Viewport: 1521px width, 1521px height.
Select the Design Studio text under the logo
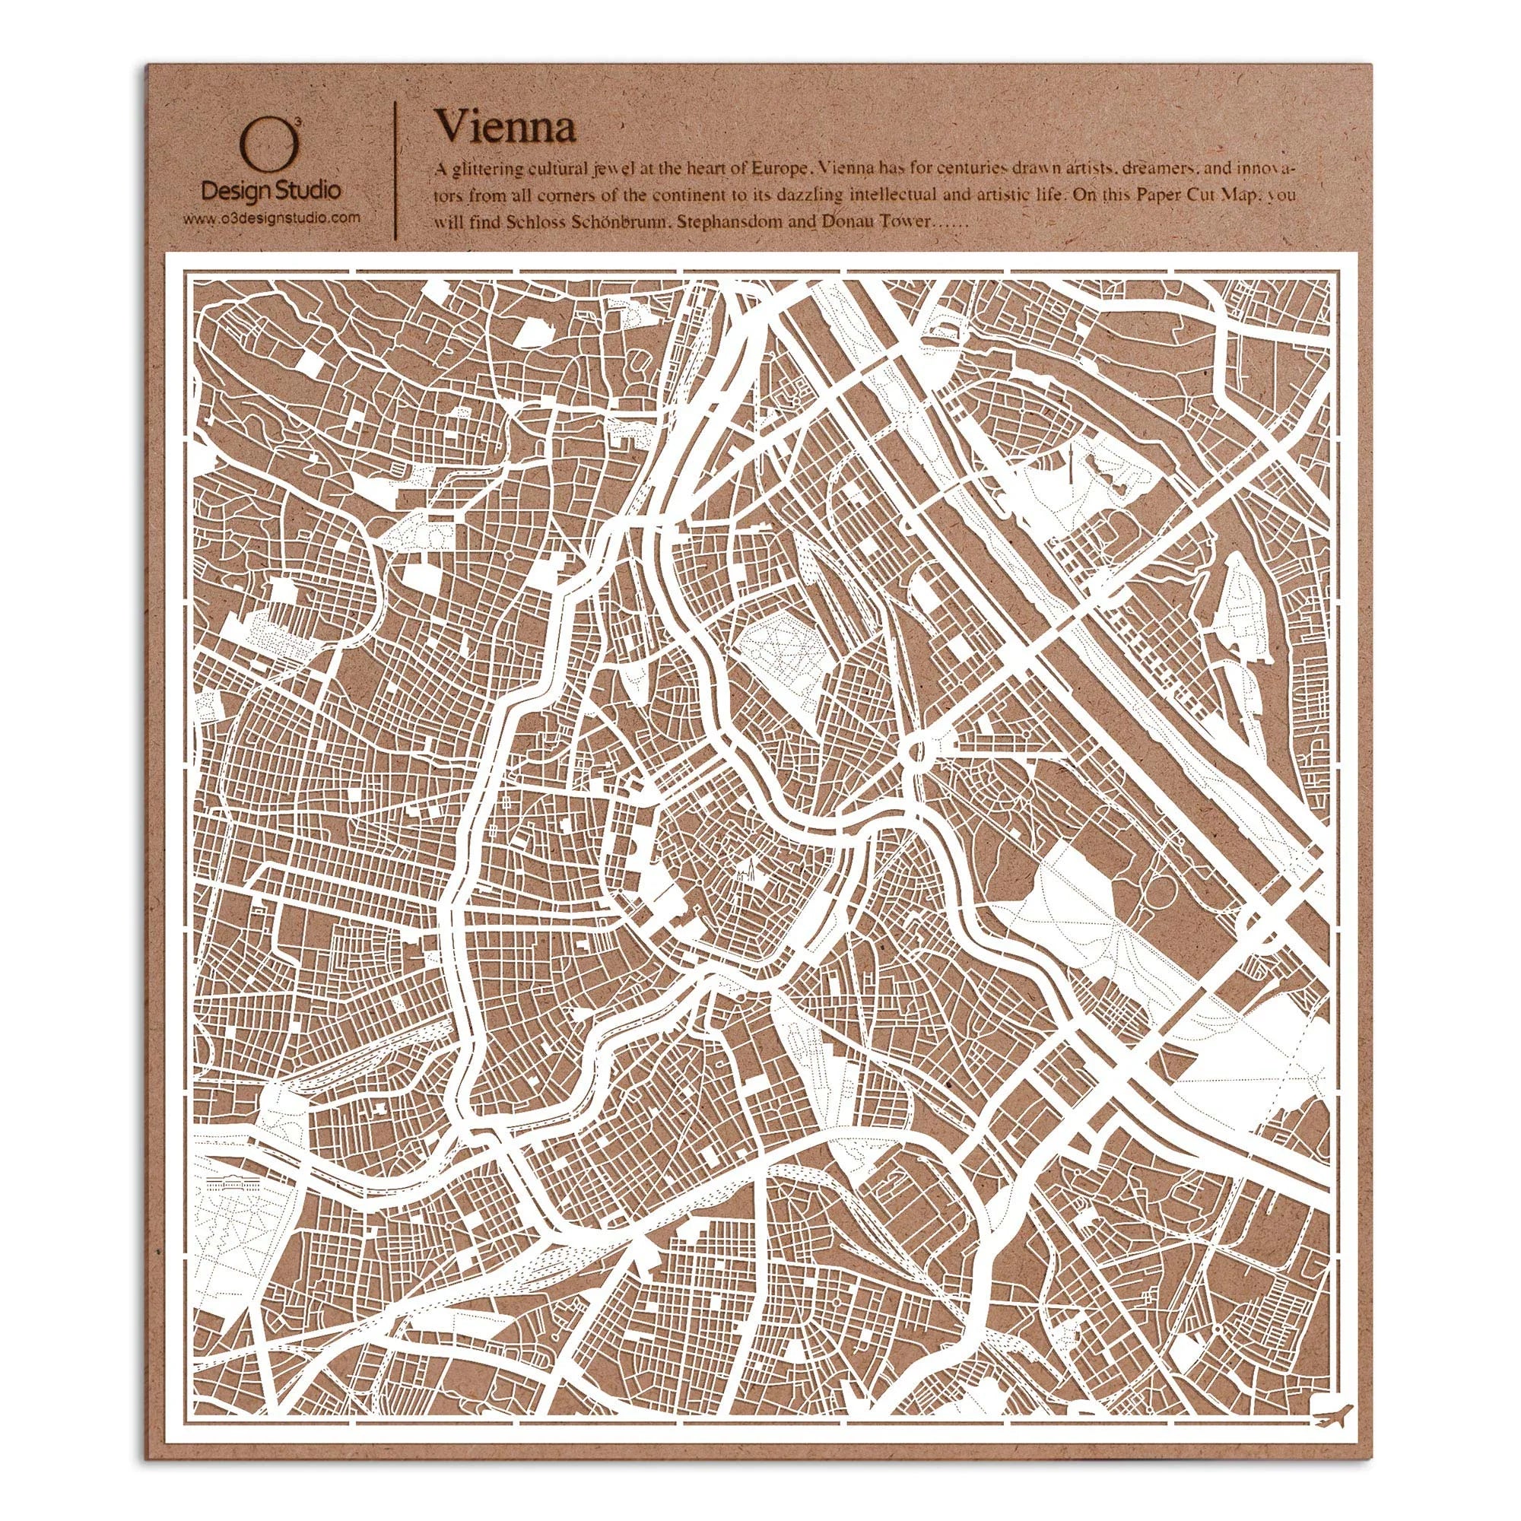(x=271, y=192)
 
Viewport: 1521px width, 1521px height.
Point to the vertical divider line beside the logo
(x=394, y=172)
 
